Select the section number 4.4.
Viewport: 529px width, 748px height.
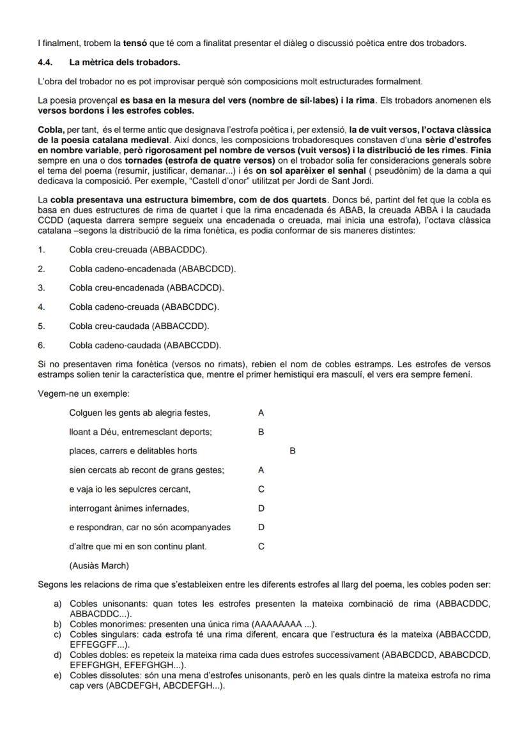pos(46,63)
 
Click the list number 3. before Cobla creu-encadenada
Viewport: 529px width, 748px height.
pos(42,287)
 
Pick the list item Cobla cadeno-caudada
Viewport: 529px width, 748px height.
pos(145,346)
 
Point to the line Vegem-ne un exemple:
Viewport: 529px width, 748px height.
pos(84,393)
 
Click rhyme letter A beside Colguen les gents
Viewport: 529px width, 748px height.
pos(261,413)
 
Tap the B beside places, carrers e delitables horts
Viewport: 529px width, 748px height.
pos(293,451)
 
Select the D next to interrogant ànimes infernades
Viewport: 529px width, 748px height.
pos(261,508)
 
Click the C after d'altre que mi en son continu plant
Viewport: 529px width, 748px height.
pos(261,546)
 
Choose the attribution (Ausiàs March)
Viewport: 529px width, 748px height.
pos(99,565)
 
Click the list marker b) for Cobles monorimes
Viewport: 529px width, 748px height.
pos(57,624)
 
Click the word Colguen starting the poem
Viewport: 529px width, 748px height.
pos(86,413)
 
